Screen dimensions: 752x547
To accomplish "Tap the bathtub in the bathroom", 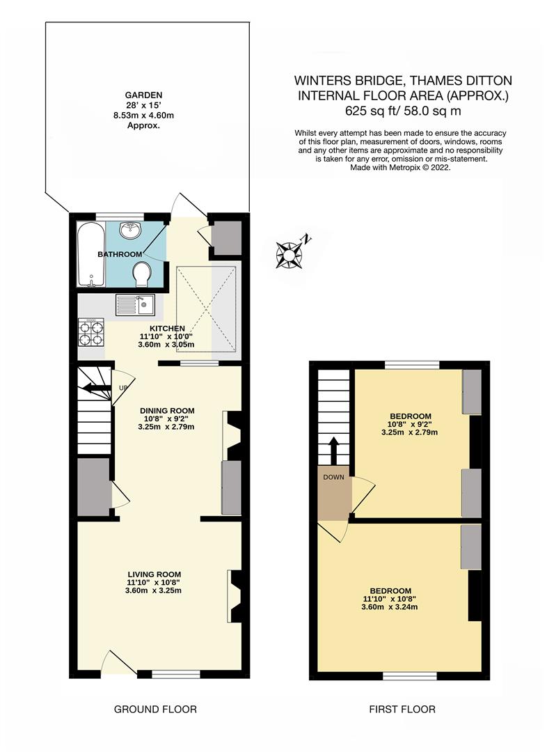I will (90, 254).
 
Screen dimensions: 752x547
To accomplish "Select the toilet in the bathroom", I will (142, 274).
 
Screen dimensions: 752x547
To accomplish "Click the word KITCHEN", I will (167, 328).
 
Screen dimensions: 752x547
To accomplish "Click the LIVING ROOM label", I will (154, 573).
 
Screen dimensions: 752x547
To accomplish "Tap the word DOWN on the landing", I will (333, 478).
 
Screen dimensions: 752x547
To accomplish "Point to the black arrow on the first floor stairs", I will (333, 449).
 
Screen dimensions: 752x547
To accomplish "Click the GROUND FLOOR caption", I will (155, 710).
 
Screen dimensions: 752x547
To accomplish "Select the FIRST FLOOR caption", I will (402, 710).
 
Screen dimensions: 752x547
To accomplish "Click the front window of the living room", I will (176, 673).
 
